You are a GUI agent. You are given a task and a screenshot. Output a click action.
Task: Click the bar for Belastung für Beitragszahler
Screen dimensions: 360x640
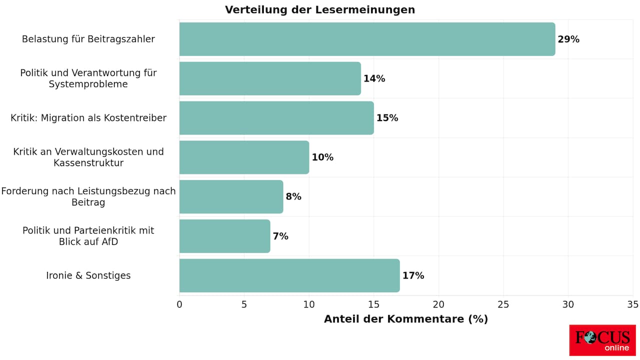[367, 39]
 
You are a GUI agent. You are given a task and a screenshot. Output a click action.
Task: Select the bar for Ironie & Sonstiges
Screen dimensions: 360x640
[289, 275]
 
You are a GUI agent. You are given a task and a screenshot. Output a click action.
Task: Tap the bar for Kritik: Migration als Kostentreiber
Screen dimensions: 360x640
[276, 118]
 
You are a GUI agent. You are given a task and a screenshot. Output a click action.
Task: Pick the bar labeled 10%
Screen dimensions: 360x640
[244, 157]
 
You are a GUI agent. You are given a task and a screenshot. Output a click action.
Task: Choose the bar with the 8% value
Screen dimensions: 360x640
[231, 196]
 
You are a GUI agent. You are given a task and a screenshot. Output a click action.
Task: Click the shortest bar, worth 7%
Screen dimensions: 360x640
[224, 236]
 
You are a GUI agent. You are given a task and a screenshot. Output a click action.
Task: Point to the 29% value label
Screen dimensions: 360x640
[568, 39]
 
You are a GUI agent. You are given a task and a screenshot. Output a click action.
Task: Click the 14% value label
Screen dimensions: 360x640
[374, 78]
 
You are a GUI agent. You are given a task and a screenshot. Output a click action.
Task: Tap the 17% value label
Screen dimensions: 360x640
[413, 275]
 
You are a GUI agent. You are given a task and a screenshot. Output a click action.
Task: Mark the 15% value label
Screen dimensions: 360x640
[387, 118]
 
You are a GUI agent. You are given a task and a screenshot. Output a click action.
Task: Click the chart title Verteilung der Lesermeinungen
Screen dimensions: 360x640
[320, 10]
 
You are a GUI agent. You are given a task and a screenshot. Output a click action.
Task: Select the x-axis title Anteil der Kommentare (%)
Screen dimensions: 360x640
[405, 319]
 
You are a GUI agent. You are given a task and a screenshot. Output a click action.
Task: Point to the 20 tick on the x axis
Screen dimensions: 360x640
[438, 304]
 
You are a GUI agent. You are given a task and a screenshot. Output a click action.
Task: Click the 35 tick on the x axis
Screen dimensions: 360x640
[632, 304]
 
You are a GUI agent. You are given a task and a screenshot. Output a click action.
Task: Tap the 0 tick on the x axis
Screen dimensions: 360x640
[179, 304]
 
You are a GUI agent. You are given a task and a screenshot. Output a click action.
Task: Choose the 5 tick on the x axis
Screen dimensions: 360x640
[244, 304]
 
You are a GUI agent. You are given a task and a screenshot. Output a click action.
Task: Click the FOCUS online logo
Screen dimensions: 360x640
[602, 340]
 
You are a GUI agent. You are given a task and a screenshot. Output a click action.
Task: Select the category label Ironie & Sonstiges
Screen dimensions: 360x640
[88, 275]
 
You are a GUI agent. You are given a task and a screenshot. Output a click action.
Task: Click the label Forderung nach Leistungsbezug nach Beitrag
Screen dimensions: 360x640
[88, 196]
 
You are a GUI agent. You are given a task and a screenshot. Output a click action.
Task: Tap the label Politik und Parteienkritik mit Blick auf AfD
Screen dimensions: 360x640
[88, 236]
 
